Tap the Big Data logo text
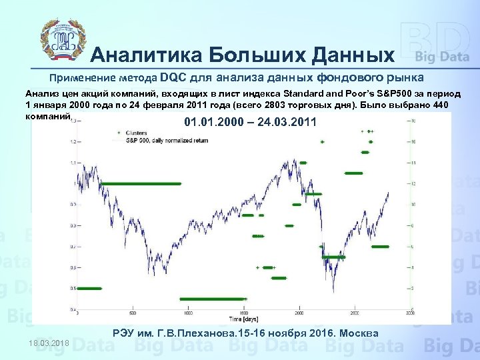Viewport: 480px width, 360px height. tap(442, 57)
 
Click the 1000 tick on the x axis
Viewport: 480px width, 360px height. tap(189, 313)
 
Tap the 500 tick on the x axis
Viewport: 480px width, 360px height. tap(133, 313)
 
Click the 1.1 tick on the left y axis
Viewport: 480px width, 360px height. tap(73, 163)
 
